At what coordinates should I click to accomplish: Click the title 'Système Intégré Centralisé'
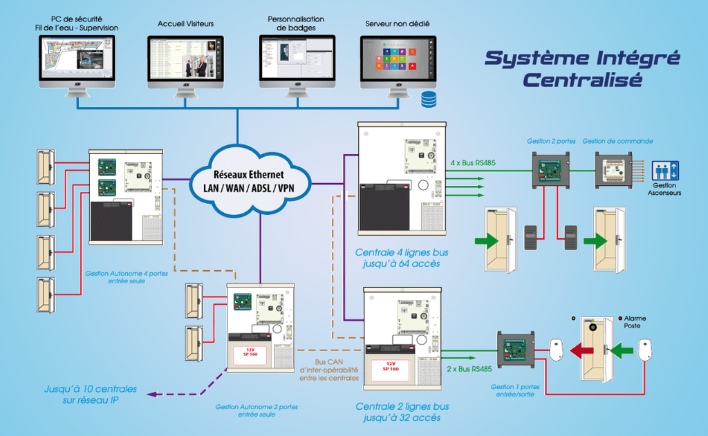point(581,68)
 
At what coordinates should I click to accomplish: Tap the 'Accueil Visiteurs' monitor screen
point(185,57)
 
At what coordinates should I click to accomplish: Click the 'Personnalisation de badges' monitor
point(297,57)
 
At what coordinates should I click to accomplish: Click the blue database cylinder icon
point(429,99)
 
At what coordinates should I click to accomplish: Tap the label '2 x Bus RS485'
point(470,369)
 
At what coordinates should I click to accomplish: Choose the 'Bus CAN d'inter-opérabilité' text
point(328,370)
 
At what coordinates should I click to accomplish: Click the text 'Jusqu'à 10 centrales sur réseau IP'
point(91,395)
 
